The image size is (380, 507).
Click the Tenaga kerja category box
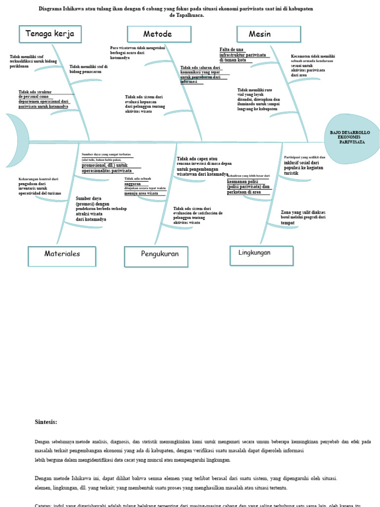click(49, 34)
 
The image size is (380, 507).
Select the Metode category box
click(159, 34)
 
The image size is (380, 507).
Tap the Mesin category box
click(268, 34)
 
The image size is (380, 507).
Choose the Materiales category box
click(62, 254)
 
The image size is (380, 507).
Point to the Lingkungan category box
click(261, 253)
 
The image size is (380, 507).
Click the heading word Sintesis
click(46, 422)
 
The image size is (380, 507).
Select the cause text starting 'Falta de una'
click(242, 54)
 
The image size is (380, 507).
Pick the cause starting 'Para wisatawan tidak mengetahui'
click(138, 52)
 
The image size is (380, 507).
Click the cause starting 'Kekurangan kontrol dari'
click(40, 186)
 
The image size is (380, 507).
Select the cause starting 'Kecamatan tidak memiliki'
click(313, 65)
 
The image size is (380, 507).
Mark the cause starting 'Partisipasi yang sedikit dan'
click(305, 165)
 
